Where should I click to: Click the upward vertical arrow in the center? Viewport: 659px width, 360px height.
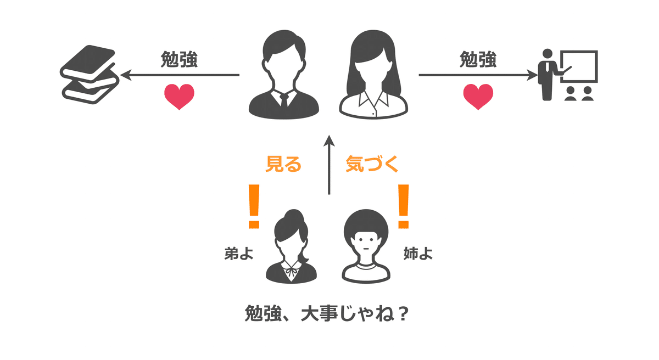(329, 165)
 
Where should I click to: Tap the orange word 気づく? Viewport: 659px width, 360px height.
(372, 164)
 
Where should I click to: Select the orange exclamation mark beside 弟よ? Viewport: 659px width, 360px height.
(253, 206)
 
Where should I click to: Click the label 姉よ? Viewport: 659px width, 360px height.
(418, 254)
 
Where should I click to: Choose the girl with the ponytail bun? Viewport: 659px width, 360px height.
(291, 247)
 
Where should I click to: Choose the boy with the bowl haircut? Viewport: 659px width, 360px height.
(366, 247)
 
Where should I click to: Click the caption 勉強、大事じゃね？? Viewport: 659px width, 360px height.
(328, 315)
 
